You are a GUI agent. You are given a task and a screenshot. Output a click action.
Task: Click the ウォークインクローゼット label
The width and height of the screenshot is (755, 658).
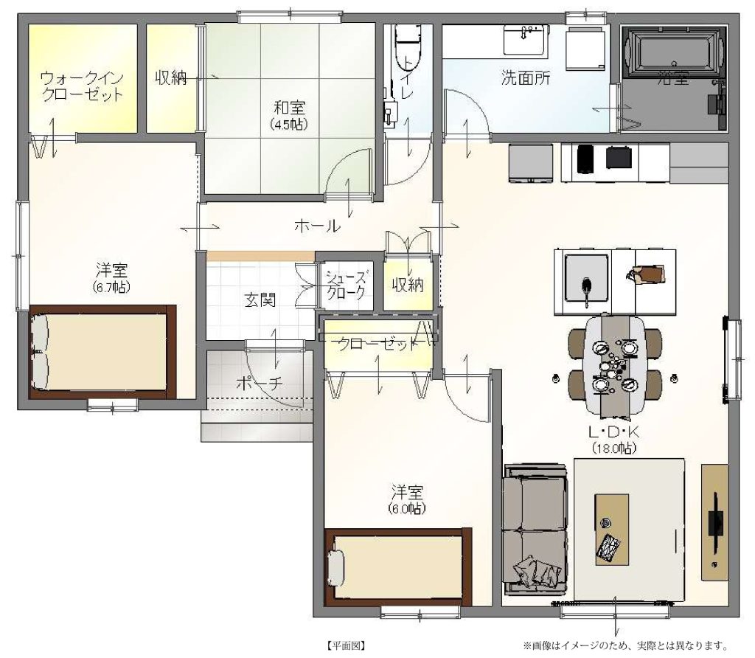coord(83,86)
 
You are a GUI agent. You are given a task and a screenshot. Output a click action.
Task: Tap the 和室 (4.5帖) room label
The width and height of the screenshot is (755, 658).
coord(289,114)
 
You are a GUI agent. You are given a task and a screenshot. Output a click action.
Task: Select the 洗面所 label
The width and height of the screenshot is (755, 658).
coord(525,77)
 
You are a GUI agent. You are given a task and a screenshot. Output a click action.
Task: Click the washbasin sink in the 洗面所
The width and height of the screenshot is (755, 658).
coord(525,41)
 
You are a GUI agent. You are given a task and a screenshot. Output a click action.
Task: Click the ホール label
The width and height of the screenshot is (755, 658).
coord(317,225)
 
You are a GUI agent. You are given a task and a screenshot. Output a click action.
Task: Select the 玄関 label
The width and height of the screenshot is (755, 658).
coord(260,299)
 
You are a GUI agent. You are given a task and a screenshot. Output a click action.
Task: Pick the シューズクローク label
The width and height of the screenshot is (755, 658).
coord(346,285)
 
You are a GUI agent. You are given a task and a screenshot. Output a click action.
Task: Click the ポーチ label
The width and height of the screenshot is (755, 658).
coord(260,384)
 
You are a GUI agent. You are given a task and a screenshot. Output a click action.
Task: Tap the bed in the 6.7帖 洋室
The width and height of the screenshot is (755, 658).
coord(102,352)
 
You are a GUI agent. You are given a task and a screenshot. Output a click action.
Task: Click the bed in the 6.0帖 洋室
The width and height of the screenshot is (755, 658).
coord(398,567)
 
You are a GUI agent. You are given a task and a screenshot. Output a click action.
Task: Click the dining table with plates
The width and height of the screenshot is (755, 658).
coord(614,364)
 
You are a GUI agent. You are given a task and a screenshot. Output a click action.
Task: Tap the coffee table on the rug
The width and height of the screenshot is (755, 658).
coord(611,529)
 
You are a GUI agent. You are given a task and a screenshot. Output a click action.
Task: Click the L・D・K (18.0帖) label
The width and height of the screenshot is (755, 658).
coord(614,440)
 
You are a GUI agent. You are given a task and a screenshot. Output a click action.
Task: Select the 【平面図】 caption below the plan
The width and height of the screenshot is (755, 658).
coord(345,645)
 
